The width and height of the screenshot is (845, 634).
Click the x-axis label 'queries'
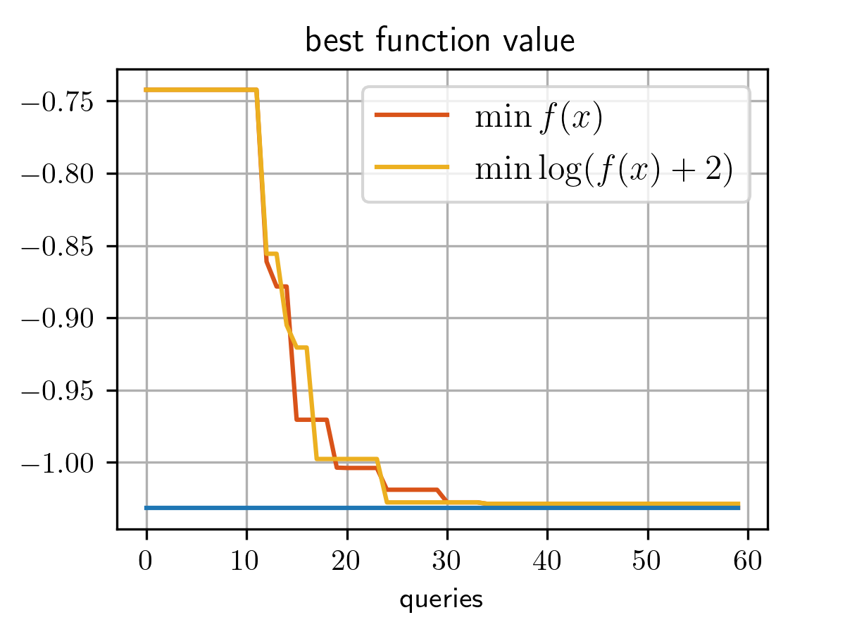pos(441,599)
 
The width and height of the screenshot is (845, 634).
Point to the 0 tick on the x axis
pos(146,561)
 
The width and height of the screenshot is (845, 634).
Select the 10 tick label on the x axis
pos(246,561)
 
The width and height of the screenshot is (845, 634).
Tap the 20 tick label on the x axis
pos(346,561)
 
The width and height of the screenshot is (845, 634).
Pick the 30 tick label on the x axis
pos(446,561)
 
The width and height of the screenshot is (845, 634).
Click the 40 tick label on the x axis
pos(547,561)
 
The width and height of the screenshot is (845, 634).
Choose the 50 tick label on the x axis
pos(647,561)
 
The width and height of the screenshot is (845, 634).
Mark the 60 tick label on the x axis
pos(747,561)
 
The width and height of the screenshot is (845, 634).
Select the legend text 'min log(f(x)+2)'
pos(604,170)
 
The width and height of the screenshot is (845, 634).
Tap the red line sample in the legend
pos(411,116)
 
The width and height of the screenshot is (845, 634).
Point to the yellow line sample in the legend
pos(411,167)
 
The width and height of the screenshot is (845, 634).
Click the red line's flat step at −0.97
pos(312,419)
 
